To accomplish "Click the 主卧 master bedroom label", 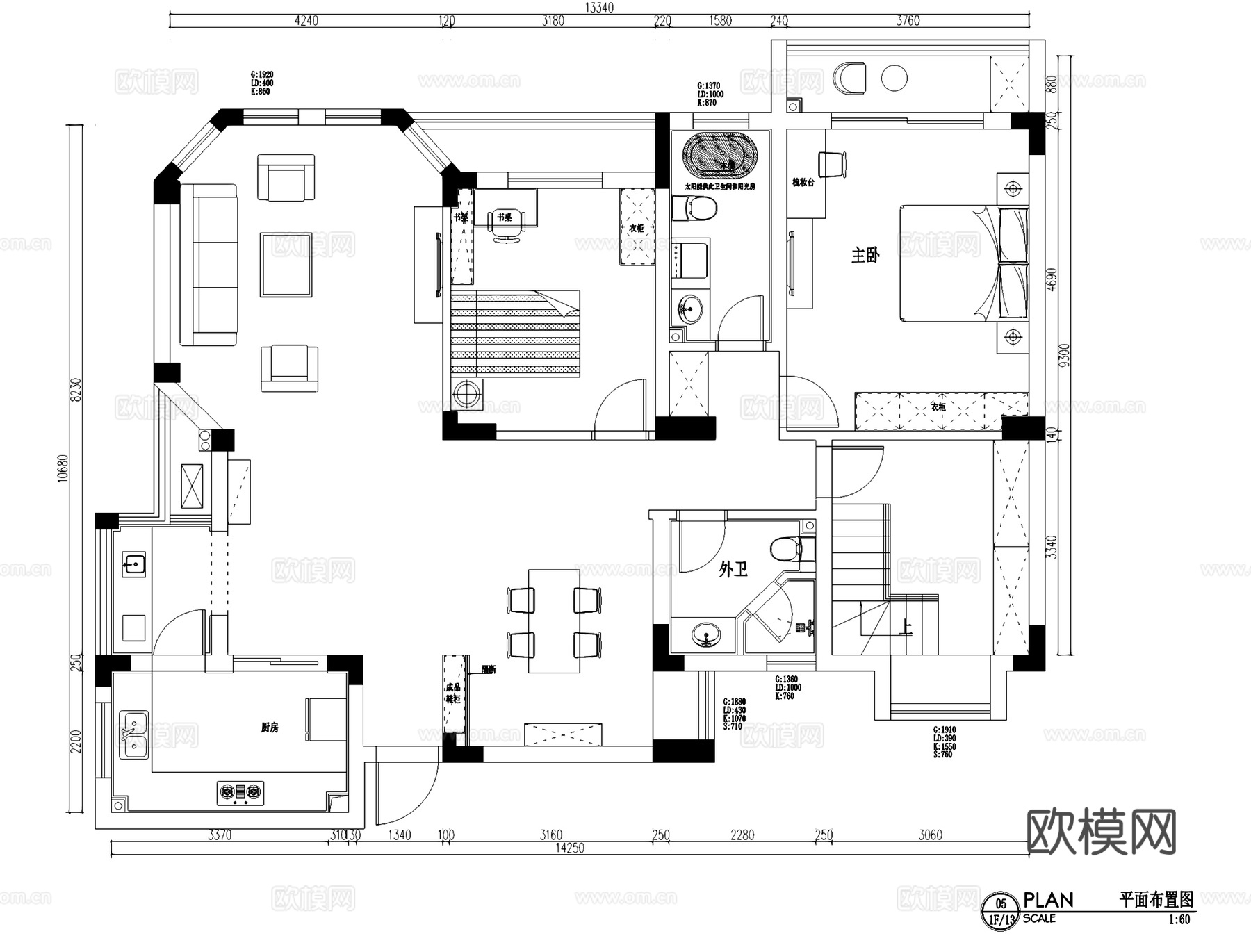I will tap(865, 255).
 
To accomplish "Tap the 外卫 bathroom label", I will tap(733, 570).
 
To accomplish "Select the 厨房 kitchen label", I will tap(270, 728).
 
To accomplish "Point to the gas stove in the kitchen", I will tap(240, 791).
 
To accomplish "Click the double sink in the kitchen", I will tap(133, 735).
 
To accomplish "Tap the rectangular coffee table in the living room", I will tap(286, 265).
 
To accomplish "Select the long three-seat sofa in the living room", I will tap(208, 265).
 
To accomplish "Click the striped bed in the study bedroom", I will tap(514, 334).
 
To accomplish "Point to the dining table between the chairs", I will tap(554, 621).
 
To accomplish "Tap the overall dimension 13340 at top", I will tap(599, 8).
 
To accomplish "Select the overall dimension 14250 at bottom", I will tap(569, 848).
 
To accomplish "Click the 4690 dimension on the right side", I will tap(1052, 279).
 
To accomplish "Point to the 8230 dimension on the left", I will tap(76, 390).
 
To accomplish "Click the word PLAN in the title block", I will tap(1048, 901).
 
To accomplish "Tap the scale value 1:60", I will tap(1179, 919).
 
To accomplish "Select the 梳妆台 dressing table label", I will tap(803, 183).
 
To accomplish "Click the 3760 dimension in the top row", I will tap(907, 21).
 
